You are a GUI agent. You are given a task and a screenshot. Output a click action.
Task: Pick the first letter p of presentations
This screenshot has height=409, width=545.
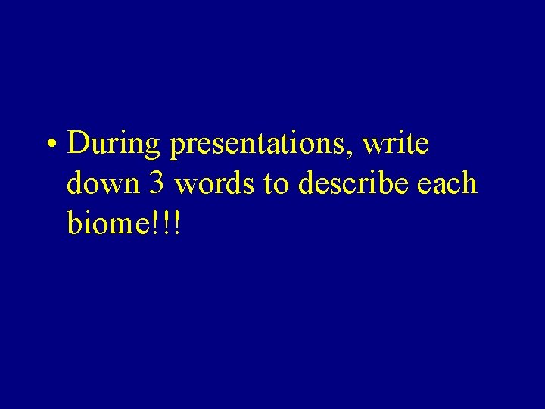[x=178, y=148]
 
